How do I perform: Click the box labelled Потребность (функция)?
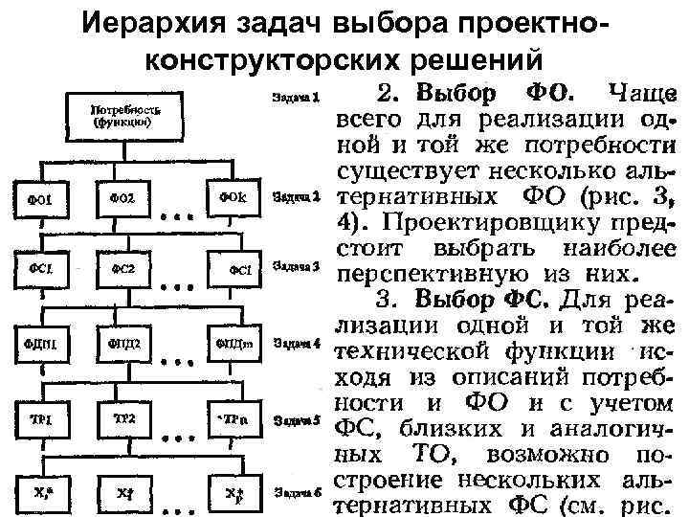[125, 116]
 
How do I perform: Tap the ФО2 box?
[125, 198]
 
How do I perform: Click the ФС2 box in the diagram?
[125, 271]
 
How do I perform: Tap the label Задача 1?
[295, 97]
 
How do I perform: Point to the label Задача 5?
[295, 419]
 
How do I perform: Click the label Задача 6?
[295, 492]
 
